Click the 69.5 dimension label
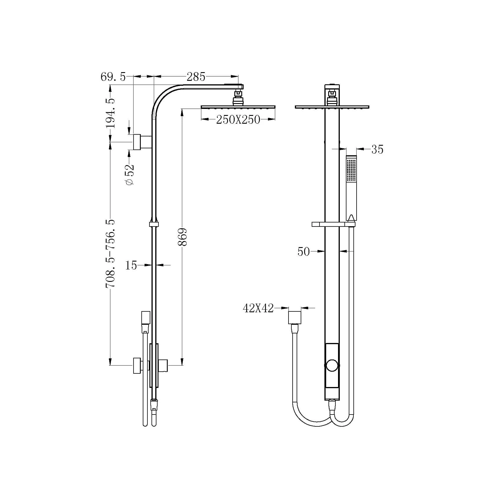(x=113, y=77)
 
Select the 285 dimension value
(x=196, y=77)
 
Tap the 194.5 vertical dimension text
(x=110, y=113)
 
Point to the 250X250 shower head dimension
(x=238, y=120)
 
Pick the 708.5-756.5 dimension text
(x=110, y=254)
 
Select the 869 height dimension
(x=182, y=237)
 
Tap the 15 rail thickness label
(x=131, y=265)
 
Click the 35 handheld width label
(x=377, y=149)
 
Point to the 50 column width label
(x=304, y=252)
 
